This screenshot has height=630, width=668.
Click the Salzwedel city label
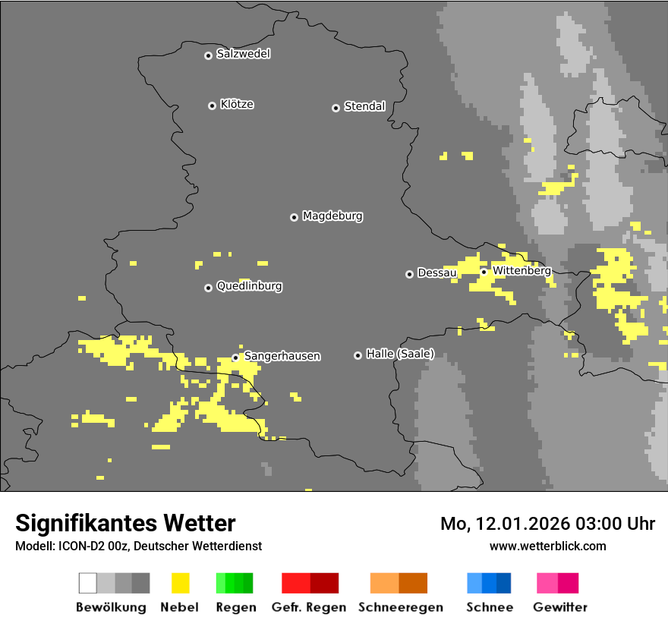pyautogui.click(x=243, y=54)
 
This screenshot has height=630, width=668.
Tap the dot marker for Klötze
pyautogui.click(x=212, y=106)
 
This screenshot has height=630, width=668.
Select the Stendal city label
pyautogui.click(x=364, y=106)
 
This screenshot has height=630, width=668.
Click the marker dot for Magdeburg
pyautogui.click(x=294, y=217)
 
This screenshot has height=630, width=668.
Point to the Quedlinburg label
pyautogui.click(x=249, y=286)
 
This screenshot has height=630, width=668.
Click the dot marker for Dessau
pyautogui.click(x=409, y=274)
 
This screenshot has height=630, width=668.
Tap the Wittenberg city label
pyautogui.click(x=521, y=270)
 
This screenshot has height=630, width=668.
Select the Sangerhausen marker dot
pyautogui.click(x=235, y=357)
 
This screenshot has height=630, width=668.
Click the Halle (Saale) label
pyautogui.click(x=400, y=354)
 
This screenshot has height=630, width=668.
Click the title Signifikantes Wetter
pyautogui.click(x=125, y=523)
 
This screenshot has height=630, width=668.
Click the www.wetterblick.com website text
pyautogui.click(x=547, y=546)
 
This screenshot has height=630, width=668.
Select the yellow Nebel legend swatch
pyautogui.click(x=180, y=583)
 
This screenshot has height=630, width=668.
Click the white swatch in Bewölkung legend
pyautogui.click(x=88, y=583)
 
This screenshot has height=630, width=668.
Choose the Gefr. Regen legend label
pyautogui.click(x=309, y=607)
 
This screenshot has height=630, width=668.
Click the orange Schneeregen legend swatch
pyautogui.click(x=384, y=583)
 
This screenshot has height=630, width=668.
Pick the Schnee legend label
pyautogui.click(x=489, y=607)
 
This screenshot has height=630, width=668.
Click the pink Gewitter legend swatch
pyautogui.click(x=547, y=583)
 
